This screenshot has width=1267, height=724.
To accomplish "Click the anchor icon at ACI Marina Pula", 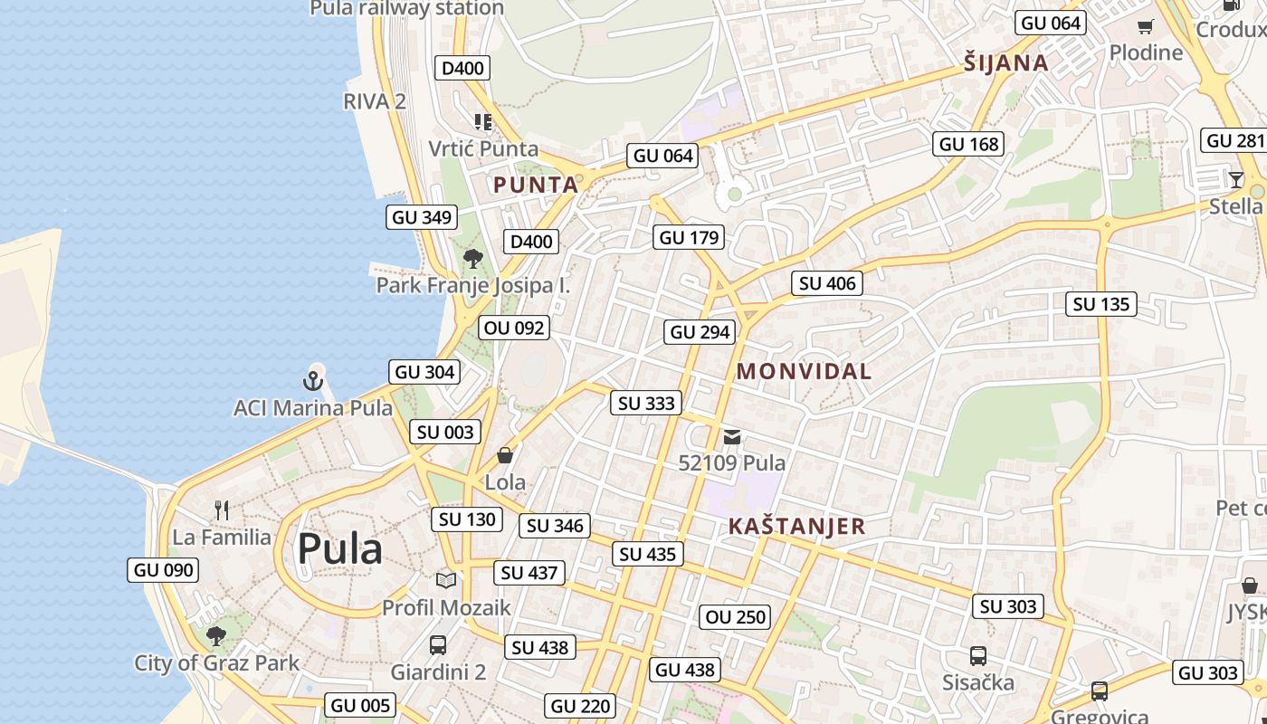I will pyautogui.click(x=313, y=380).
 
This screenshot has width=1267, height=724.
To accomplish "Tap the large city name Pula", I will pyautogui.click(x=340, y=549).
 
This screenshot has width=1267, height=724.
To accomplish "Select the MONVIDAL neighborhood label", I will pyautogui.click(x=804, y=371).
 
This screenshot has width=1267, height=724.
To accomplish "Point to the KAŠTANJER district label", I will pyautogui.click(x=796, y=527).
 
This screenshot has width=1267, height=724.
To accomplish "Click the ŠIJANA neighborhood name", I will pyautogui.click(x=1005, y=63).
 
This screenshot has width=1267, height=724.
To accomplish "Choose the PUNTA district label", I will pyautogui.click(x=535, y=186).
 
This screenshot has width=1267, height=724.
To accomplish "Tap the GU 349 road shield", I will pyautogui.click(x=422, y=217).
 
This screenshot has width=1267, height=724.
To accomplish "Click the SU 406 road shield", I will pyautogui.click(x=827, y=283).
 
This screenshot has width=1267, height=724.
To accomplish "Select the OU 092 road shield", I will pyautogui.click(x=515, y=328).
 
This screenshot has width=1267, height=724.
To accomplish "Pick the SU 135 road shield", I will pyautogui.click(x=1101, y=304).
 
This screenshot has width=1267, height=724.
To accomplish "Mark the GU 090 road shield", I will pyautogui.click(x=163, y=570).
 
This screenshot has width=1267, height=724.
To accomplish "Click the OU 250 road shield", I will pyautogui.click(x=736, y=617).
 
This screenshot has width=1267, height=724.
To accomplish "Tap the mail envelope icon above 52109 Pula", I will pyautogui.click(x=732, y=438).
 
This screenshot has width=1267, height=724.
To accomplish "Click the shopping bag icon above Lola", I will pyautogui.click(x=505, y=455).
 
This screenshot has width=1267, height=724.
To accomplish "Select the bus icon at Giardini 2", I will pyautogui.click(x=438, y=645).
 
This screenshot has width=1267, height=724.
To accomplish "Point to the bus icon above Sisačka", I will pyautogui.click(x=977, y=655).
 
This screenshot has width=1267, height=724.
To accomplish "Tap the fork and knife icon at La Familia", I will pyautogui.click(x=222, y=510).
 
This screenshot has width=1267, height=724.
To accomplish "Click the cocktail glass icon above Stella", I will pyautogui.click(x=1236, y=179).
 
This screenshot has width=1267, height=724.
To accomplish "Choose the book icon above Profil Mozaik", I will pyautogui.click(x=446, y=580).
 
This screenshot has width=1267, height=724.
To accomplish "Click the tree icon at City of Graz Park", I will pyautogui.click(x=215, y=635).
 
